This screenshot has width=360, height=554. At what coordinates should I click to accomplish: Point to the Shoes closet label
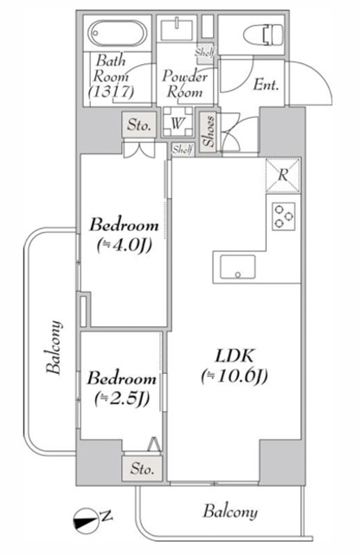209,132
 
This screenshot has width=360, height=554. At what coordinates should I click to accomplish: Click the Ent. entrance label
265,85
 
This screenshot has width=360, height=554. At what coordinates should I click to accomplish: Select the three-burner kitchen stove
283,216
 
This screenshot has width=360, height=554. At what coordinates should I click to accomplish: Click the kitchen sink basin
234,267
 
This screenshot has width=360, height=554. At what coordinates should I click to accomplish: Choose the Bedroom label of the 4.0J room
123,227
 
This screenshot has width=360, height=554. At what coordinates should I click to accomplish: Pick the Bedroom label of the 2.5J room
121,379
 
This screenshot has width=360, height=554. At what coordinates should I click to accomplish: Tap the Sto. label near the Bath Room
139,125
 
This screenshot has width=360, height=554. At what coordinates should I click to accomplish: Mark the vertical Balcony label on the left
55,347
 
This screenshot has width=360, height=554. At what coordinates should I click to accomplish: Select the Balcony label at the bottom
230,512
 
